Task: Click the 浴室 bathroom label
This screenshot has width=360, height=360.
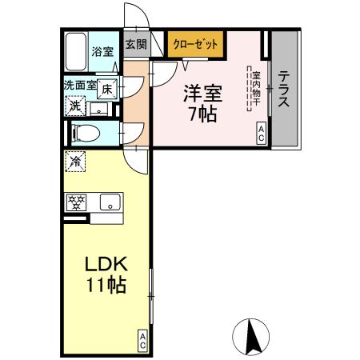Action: (x=102, y=52)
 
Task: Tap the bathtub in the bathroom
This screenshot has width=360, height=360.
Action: (x=77, y=52)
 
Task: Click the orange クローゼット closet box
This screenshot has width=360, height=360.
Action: (x=195, y=45)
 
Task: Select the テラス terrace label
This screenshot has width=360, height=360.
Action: (x=284, y=90)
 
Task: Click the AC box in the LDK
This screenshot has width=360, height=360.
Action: (x=142, y=340)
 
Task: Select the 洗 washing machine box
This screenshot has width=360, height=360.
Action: (x=74, y=105)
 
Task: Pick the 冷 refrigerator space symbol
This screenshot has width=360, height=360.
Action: (x=74, y=160)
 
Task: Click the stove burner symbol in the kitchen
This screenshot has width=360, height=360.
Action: (x=76, y=202)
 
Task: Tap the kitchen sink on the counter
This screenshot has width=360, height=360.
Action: (x=109, y=202)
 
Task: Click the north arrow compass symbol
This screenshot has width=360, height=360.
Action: (x=250, y=336)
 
